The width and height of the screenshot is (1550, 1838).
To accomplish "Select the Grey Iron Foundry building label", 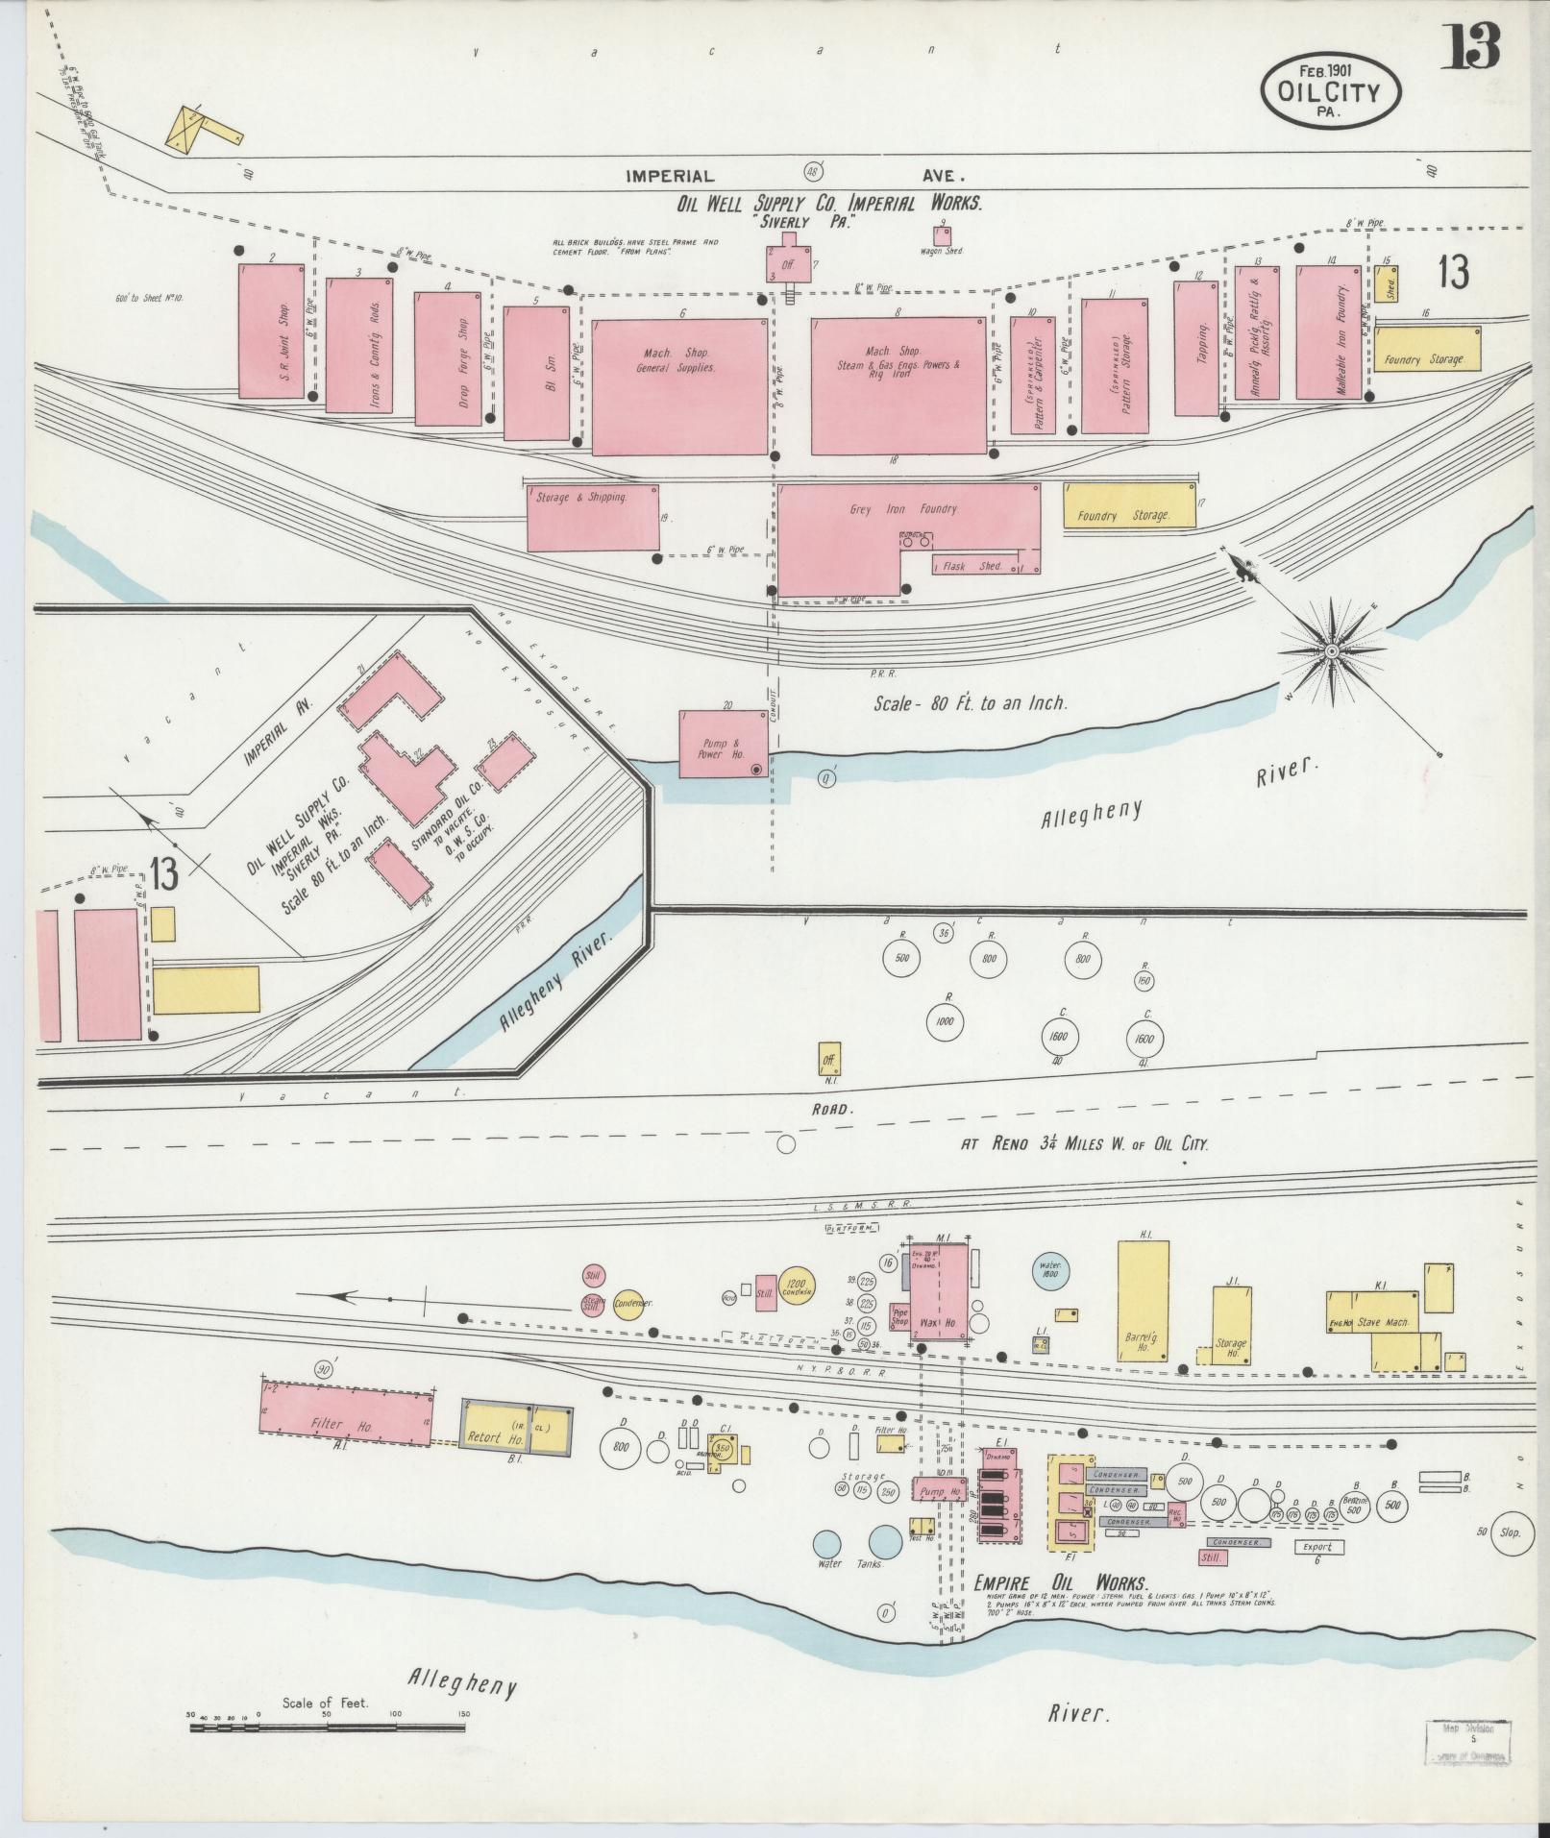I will pos(903,509).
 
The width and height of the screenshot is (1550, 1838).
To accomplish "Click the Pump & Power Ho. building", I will pos(724,745).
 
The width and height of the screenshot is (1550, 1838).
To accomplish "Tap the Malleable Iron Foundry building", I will pos(1329,333).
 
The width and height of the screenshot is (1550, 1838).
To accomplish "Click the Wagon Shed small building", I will pos(942,235).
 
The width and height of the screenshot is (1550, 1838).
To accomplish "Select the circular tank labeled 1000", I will pos(945,1021).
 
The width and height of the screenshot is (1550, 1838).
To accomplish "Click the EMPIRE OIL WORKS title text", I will pos(1061,1583).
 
